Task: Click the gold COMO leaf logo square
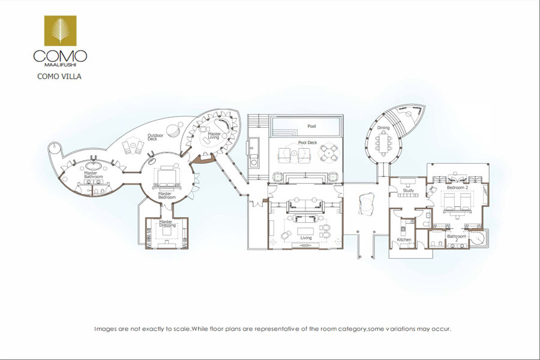click(60, 31)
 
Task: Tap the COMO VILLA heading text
click(59, 76)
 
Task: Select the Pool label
click(311, 126)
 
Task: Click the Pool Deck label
click(308, 142)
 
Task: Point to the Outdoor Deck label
click(155, 137)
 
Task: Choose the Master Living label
click(214, 136)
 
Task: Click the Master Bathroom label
click(94, 175)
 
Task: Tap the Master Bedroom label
click(167, 196)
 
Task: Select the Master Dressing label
click(167, 224)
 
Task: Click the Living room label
click(306, 238)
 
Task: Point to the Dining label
click(383, 127)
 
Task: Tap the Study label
click(409, 190)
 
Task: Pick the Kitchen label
click(404, 239)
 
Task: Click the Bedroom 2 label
click(457, 187)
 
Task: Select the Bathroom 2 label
click(457, 238)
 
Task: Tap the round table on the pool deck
click(329, 153)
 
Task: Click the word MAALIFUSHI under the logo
click(60, 64)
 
